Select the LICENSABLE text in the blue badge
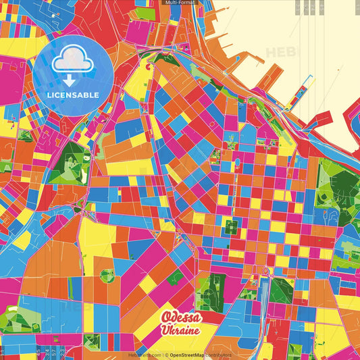coord(73,94)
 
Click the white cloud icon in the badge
coord(73,61)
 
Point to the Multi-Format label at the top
coord(180,3)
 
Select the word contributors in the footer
coord(218,355)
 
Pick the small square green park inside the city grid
coord(231,228)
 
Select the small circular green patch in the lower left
coord(107,275)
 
